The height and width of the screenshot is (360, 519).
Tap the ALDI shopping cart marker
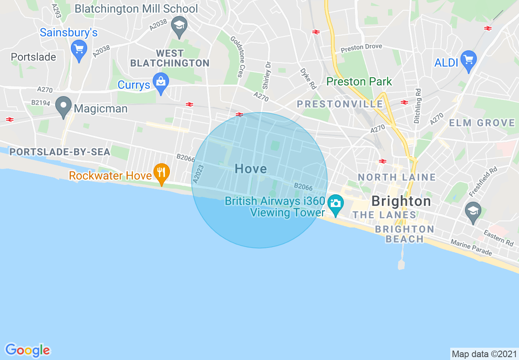click(x=469, y=60)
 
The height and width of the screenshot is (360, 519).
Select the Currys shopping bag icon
click(x=161, y=82)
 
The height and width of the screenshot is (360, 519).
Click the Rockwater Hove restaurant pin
click(x=162, y=173)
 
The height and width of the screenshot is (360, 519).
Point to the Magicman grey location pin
click(x=63, y=106)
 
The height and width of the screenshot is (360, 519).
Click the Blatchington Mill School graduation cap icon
click(x=179, y=25)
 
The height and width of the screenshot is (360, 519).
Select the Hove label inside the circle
click(x=250, y=169)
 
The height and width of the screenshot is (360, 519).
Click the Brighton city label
click(x=401, y=201)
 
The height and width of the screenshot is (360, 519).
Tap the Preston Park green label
click(x=359, y=81)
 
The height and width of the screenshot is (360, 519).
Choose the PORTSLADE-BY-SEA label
click(x=60, y=152)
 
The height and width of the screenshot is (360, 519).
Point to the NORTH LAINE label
click(x=397, y=177)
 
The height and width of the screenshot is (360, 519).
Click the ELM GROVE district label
click(x=482, y=123)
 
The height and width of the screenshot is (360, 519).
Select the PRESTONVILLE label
click(x=340, y=104)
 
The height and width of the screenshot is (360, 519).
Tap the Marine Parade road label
click(x=471, y=248)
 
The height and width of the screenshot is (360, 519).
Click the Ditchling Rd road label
click(x=417, y=106)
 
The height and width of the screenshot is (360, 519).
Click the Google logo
click(x=27, y=350)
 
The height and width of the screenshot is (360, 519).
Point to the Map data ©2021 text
click(x=484, y=354)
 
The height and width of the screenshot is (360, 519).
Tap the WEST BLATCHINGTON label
click(x=170, y=58)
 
